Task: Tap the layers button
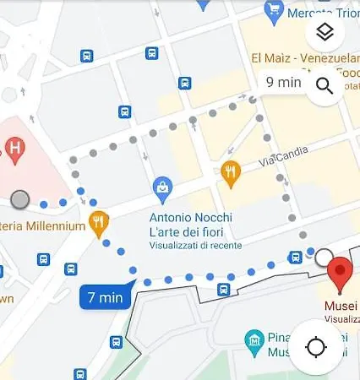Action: tap(325, 33)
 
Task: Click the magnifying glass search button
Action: tap(325, 85)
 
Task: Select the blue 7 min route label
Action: tap(106, 297)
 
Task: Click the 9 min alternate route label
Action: tap(283, 82)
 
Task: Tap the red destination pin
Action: tap(340, 272)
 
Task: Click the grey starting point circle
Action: tap(20, 199)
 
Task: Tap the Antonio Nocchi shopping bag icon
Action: tap(162, 186)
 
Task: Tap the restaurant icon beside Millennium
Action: tap(99, 223)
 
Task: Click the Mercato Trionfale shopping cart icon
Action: tap(273, 10)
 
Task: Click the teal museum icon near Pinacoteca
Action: tap(252, 342)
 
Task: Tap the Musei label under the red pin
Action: tap(341, 306)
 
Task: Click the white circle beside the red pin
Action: tap(324, 256)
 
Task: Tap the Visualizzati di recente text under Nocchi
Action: tap(194, 246)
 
